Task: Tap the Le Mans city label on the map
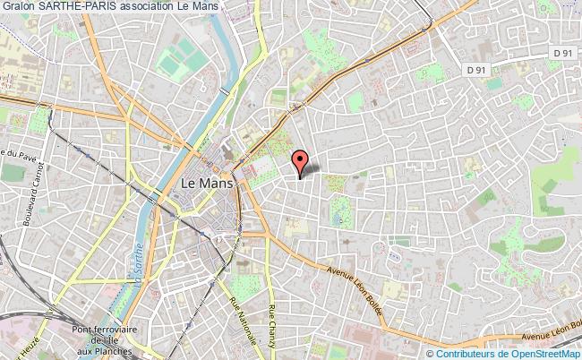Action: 207,183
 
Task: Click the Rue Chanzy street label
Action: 274,327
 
